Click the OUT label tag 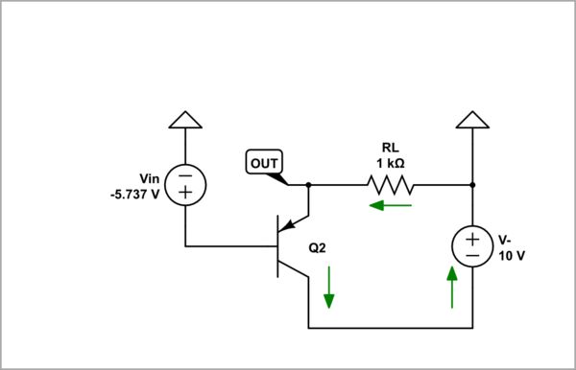coord(263,163)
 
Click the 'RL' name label coord(390,148)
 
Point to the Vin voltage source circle coord(185,183)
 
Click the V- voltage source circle coord(472,246)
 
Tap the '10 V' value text coord(510,255)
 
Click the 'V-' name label coord(506,240)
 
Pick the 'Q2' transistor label coord(318,247)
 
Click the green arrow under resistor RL coord(392,204)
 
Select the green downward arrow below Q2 coord(329,288)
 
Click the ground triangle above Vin coord(185,119)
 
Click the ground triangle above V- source coord(472,119)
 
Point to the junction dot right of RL coord(472,183)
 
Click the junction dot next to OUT coord(308,183)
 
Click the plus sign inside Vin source coord(185,193)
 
